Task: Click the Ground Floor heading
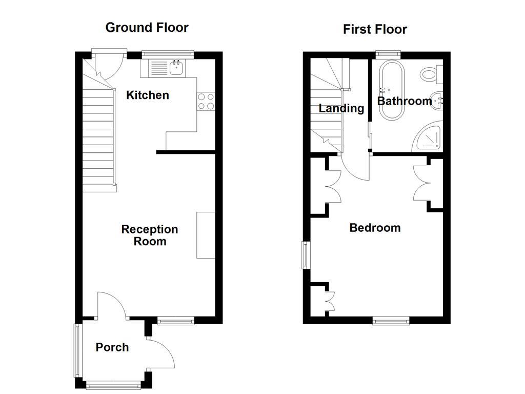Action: [147, 27]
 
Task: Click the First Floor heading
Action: [375, 29]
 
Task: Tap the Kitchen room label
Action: [148, 95]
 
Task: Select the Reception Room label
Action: [150, 235]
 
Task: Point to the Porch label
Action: [112, 347]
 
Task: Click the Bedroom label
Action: [375, 228]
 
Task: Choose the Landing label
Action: [341, 108]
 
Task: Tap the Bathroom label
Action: [405, 101]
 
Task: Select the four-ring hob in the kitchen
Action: [206, 101]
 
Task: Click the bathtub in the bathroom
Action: [391, 82]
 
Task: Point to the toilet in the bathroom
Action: [431, 74]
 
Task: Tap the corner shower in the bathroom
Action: [428, 137]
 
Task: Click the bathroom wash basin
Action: [436, 101]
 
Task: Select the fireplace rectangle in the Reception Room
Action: [206, 234]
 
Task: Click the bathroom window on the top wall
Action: [388, 52]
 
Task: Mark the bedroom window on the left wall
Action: [306, 255]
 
